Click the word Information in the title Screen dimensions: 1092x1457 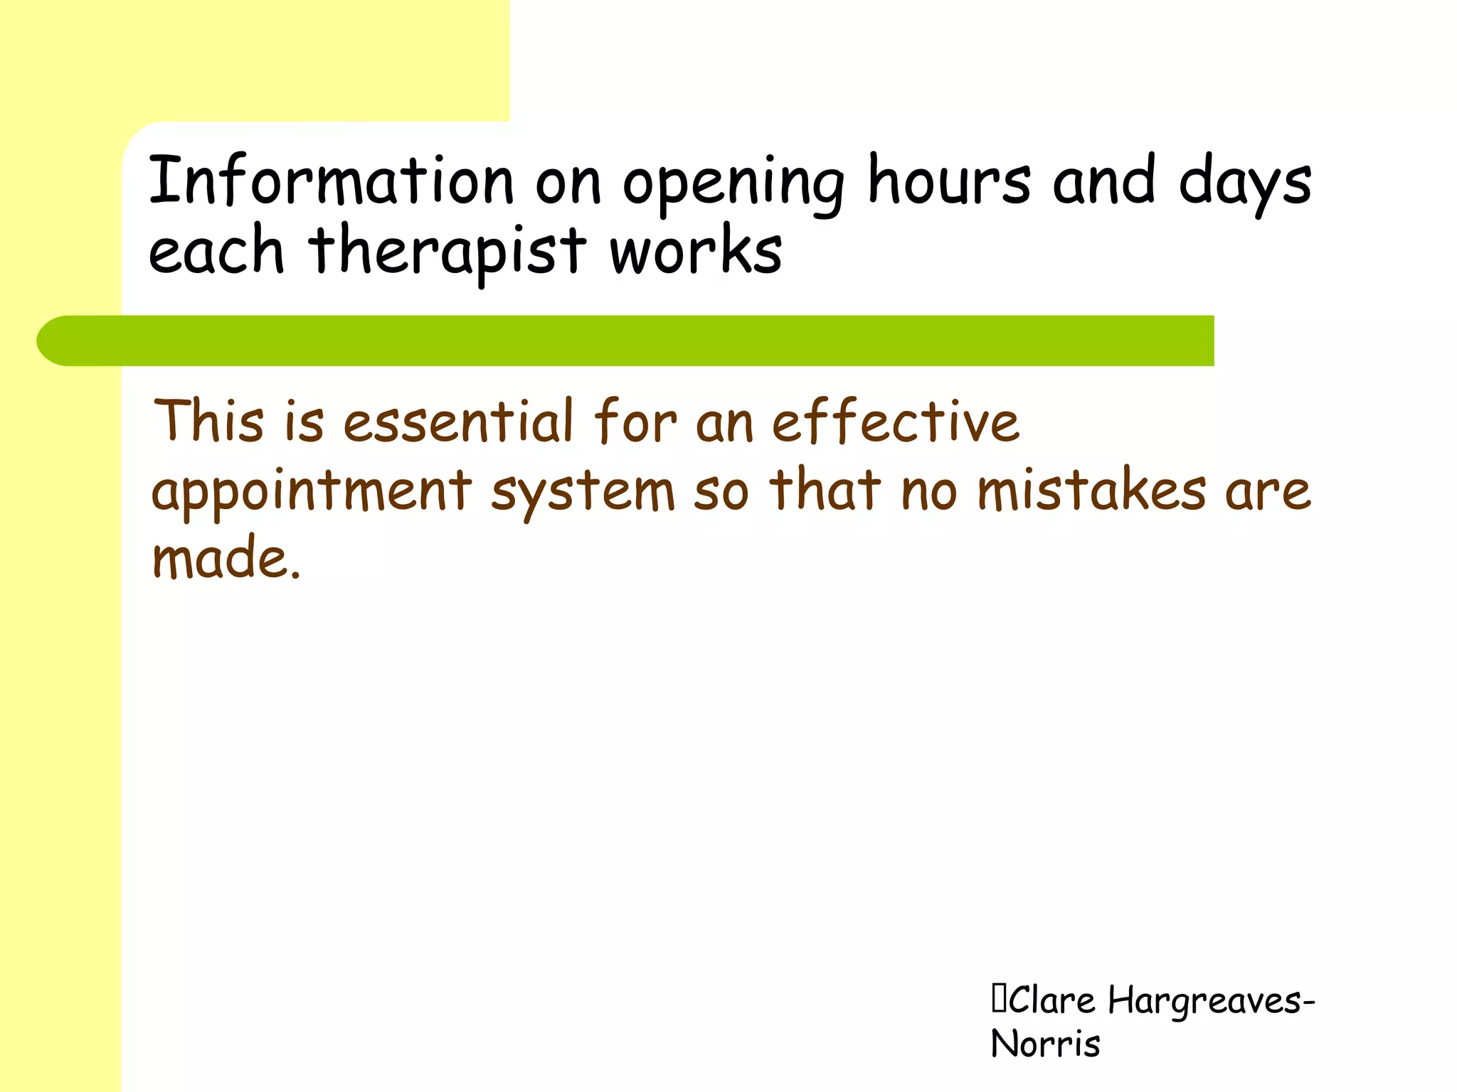point(331,181)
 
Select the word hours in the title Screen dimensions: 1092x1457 point(949,181)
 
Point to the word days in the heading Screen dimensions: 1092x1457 point(1244,183)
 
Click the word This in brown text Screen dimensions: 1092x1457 point(209,421)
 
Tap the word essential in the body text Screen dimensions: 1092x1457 point(458,421)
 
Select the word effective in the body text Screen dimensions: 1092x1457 point(896,421)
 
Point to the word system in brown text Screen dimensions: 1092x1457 point(583,493)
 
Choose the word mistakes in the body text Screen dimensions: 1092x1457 point(1091,491)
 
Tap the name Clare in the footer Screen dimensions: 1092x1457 point(1051,1001)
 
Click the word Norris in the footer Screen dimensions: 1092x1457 point(1045,1044)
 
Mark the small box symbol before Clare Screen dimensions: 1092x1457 point(998,1000)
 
